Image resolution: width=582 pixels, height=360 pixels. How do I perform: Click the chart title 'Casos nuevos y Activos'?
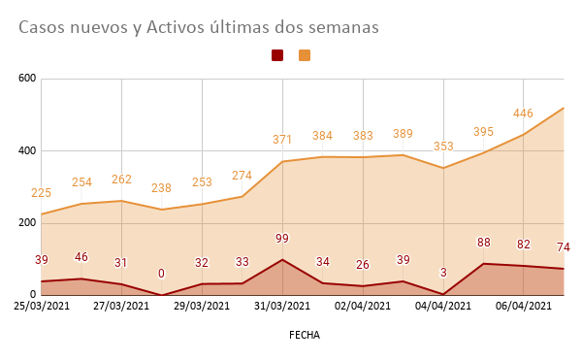(198, 28)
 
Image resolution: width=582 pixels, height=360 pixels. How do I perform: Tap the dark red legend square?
(277, 56)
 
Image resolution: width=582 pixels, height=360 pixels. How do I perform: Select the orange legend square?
(305, 56)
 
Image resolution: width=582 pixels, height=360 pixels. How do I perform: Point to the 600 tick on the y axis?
(26, 79)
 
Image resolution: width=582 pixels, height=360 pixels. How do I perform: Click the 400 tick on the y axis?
(26, 151)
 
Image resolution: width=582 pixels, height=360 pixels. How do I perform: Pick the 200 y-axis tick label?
(26, 223)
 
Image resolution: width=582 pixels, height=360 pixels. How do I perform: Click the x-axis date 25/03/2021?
(41, 306)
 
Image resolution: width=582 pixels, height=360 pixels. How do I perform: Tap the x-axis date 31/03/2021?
(282, 306)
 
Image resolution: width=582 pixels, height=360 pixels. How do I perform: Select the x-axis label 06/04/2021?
(524, 306)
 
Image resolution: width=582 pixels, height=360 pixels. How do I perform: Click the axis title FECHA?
(304, 335)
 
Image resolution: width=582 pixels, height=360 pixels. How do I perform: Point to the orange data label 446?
(524, 114)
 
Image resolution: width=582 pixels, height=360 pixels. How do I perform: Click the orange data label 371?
(282, 141)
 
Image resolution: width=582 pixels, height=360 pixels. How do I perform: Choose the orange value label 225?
(41, 193)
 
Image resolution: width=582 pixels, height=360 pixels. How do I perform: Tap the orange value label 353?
(443, 147)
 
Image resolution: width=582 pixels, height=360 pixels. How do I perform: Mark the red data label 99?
(282, 239)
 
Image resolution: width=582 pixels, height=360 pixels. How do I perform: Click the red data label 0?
(161, 274)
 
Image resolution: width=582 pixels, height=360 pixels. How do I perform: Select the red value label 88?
(483, 243)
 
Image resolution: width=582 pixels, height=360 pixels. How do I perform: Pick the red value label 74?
(564, 247)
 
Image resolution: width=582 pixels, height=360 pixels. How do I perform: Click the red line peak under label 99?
(282, 259)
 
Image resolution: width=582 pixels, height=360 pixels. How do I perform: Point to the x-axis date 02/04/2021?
(363, 306)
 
